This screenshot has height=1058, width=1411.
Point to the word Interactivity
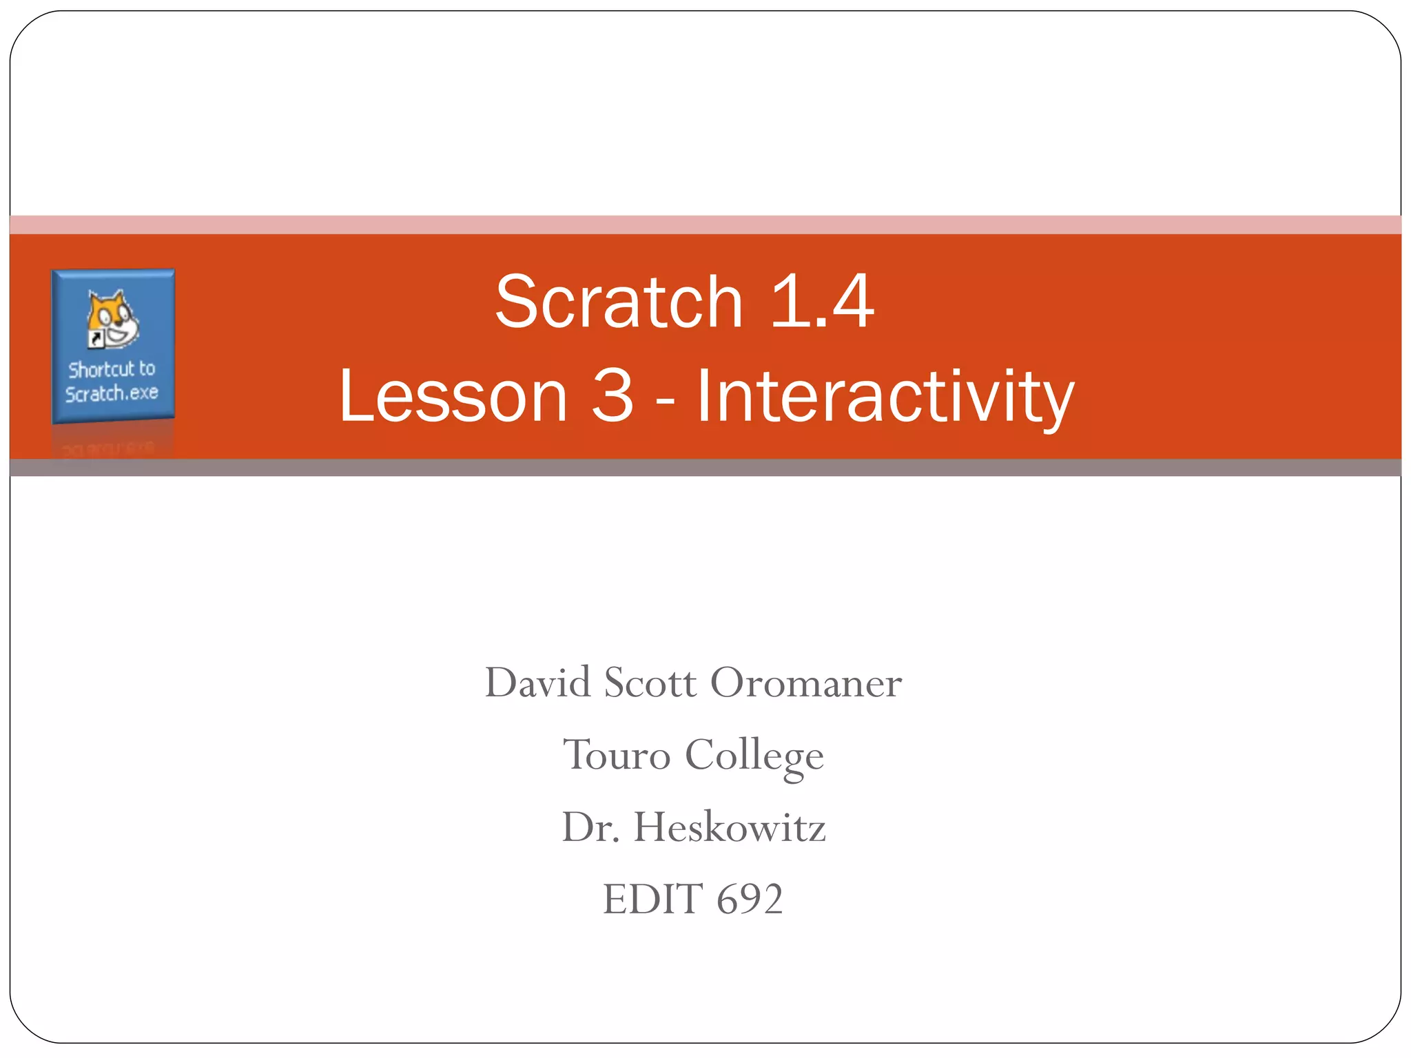point(885,397)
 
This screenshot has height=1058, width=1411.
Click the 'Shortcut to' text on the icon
point(112,369)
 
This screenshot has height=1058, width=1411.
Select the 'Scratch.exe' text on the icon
point(112,393)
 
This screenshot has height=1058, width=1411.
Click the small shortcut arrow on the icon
point(95,339)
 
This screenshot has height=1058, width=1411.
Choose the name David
point(537,683)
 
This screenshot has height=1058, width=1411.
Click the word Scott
point(650,683)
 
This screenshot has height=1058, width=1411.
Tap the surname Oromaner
point(805,683)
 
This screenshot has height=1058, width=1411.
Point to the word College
point(754,756)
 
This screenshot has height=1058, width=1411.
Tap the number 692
point(750,899)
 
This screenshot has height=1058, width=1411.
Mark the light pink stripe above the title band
point(705,225)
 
